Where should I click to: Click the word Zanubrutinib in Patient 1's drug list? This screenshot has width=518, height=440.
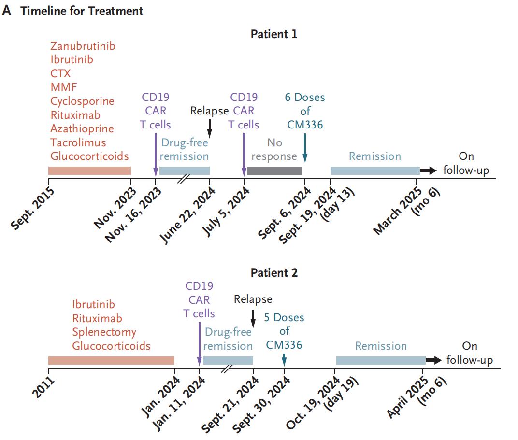tap(83, 46)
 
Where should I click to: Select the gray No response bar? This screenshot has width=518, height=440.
tap(274, 170)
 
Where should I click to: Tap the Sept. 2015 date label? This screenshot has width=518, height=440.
tap(32, 208)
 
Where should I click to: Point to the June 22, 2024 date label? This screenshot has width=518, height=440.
tap(187, 215)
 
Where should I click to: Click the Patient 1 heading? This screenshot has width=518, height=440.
tap(274, 34)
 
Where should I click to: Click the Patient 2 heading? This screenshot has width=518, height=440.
tap(274, 273)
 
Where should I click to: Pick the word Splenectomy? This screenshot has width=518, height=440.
tap(104, 332)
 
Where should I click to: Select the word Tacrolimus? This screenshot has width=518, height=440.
tap(78, 142)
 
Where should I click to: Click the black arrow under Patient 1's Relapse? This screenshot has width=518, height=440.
tap(209, 128)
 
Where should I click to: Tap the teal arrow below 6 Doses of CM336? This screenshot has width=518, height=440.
tap(305, 148)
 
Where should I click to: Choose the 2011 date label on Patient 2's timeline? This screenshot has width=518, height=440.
tap(43, 387)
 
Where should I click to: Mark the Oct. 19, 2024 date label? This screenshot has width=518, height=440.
tap(313, 403)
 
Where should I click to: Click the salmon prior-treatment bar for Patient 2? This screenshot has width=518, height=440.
tap(111, 360)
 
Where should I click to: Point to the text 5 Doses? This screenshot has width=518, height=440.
tap(284, 317)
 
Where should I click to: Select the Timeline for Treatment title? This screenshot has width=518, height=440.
tap(82, 11)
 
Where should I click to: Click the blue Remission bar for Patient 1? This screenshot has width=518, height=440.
tap(375, 170)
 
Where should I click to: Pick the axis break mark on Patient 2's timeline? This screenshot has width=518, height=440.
tap(227, 369)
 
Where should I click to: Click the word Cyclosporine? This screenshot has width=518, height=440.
tap(82, 101)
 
